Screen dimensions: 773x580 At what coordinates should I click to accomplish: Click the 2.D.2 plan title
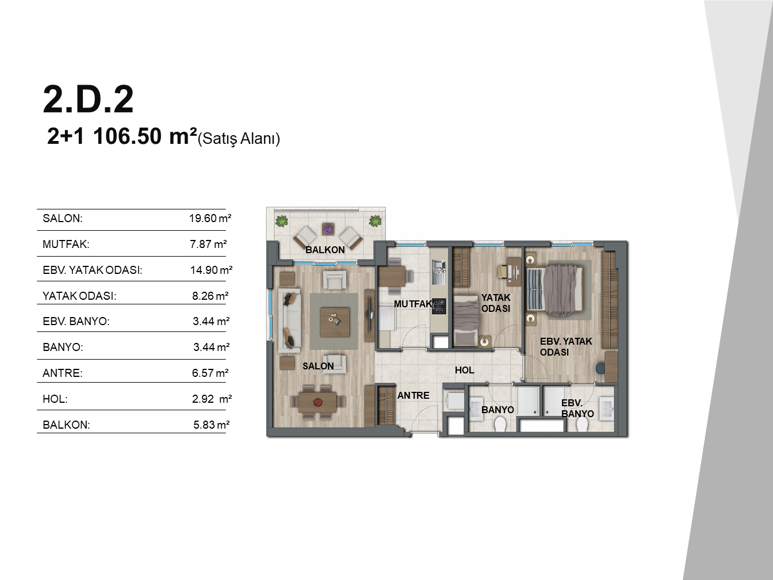(88, 99)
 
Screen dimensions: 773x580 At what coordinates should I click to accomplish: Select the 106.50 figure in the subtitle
(127, 136)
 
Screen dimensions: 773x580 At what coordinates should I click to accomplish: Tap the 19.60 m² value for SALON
(211, 218)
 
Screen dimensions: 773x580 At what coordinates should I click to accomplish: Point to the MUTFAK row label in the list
(66, 244)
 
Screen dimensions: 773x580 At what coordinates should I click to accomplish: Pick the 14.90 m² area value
(211, 270)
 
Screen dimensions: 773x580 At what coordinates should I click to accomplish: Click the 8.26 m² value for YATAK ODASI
(211, 296)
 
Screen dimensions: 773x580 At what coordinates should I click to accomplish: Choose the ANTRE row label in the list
(62, 373)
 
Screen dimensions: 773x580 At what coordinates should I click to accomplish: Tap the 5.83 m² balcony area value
(211, 425)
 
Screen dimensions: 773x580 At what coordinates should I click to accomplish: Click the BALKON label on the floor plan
(325, 250)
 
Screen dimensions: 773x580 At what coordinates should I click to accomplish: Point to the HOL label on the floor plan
(465, 370)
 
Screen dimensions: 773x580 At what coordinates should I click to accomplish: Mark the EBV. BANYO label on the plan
(577, 409)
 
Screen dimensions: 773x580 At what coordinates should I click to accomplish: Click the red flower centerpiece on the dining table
(317, 402)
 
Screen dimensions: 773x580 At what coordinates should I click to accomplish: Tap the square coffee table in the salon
(335, 322)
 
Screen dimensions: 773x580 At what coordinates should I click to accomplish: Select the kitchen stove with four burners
(439, 306)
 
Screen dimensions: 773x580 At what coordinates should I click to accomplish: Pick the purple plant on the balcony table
(328, 229)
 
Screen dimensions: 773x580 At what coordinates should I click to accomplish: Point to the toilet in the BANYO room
(500, 424)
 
